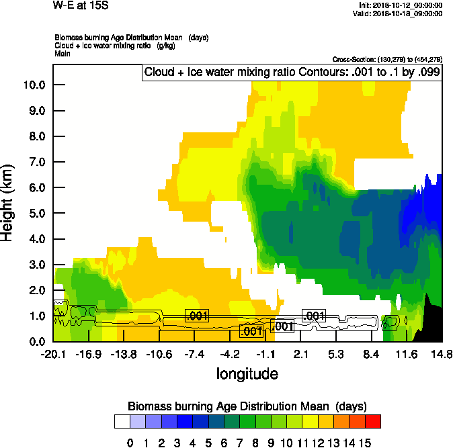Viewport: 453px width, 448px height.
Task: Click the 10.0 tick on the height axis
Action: pyautogui.click(x=34, y=85)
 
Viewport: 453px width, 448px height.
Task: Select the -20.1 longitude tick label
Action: pyautogui.click(x=53, y=354)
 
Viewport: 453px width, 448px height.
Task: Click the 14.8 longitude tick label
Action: pyautogui.click(x=441, y=354)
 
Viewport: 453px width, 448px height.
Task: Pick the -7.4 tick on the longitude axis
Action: pyautogui.click(x=195, y=354)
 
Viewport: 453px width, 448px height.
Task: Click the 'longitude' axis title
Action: pyautogui.click(x=247, y=373)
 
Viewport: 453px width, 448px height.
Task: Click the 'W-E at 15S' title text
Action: pyautogui.click(x=75, y=5)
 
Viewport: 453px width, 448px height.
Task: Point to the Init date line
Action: pyautogui.click(x=401, y=5)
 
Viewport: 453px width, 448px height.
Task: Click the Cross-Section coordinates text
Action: pyautogui.click(x=387, y=60)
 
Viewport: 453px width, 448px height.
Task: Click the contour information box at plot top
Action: pyautogui.click(x=291, y=72)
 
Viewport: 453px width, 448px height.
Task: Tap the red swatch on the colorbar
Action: pyautogui.click(x=373, y=421)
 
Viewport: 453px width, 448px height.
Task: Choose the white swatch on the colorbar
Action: pyautogui.click(x=122, y=421)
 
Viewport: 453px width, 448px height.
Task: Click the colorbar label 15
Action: pyautogui.click(x=364, y=442)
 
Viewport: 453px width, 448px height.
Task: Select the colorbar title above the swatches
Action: pyautogui.click(x=247, y=406)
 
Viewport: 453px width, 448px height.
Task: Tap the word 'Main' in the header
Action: pyautogui.click(x=63, y=53)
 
